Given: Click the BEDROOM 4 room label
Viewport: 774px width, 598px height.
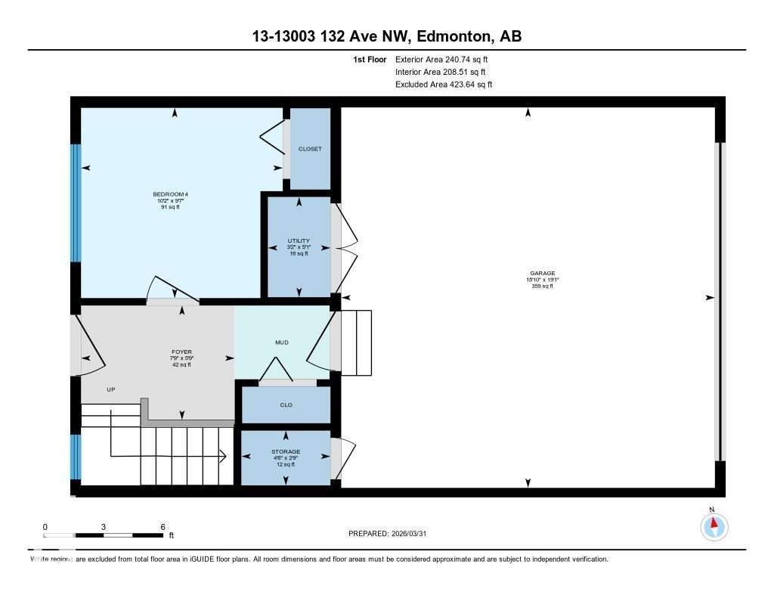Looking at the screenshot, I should (170, 194).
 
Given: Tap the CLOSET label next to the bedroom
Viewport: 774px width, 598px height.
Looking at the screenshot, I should (310, 149).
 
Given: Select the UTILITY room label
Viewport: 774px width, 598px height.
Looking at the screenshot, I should (299, 241).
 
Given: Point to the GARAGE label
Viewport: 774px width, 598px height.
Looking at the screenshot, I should (542, 274).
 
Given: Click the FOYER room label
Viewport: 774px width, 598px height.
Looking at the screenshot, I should (181, 352).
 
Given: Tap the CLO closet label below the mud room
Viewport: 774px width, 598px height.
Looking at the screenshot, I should (286, 405).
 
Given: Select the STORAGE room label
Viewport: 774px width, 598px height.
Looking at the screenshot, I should (286, 452).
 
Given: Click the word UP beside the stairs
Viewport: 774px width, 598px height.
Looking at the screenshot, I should (110, 389).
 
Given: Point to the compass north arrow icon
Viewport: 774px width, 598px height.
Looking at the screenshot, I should (713, 525).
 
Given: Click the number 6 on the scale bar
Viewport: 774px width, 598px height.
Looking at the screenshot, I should (163, 527).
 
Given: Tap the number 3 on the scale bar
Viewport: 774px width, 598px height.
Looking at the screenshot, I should (104, 527).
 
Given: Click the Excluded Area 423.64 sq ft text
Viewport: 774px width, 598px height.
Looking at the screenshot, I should (444, 85).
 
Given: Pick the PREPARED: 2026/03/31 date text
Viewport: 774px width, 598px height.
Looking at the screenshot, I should (392, 534).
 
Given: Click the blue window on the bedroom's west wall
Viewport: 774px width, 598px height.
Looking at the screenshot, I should (75, 203).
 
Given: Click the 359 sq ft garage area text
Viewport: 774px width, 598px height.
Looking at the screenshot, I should (542, 286).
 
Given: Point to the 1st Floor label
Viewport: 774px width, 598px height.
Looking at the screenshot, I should (370, 59).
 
